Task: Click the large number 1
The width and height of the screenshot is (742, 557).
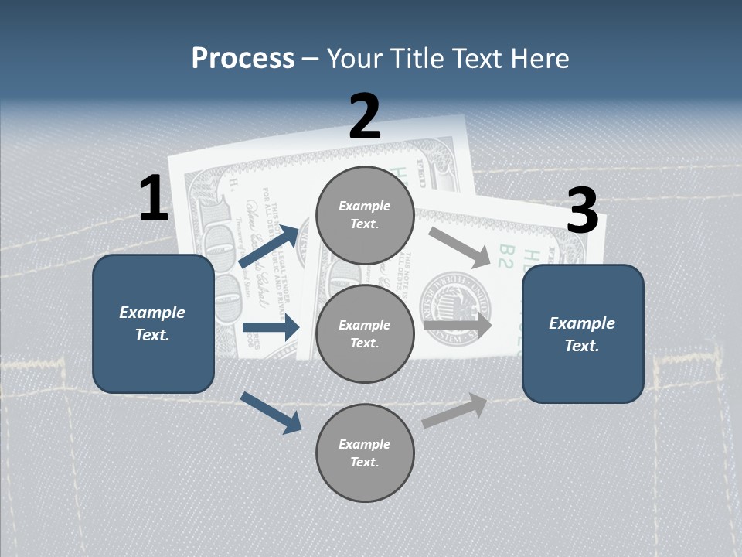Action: click(154, 199)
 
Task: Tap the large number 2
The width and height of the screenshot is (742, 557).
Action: click(365, 117)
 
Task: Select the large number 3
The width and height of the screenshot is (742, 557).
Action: click(582, 211)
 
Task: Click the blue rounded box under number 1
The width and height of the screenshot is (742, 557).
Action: click(153, 323)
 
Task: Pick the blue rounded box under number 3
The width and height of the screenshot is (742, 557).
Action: click(583, 334)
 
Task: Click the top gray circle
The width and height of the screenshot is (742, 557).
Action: click(365, 215)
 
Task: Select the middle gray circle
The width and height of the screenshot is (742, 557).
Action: click(365, 334)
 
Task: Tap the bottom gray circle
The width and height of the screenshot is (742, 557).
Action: click(365, 453)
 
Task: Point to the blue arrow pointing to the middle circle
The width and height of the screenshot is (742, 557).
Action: click(271, 327)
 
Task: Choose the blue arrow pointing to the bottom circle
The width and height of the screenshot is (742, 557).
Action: click(271, 412)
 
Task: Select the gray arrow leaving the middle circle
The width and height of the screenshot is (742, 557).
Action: click(458, 326)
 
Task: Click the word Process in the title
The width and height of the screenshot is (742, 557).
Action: click(243, 58)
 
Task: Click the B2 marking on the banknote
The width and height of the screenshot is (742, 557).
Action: click(505, 256)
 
